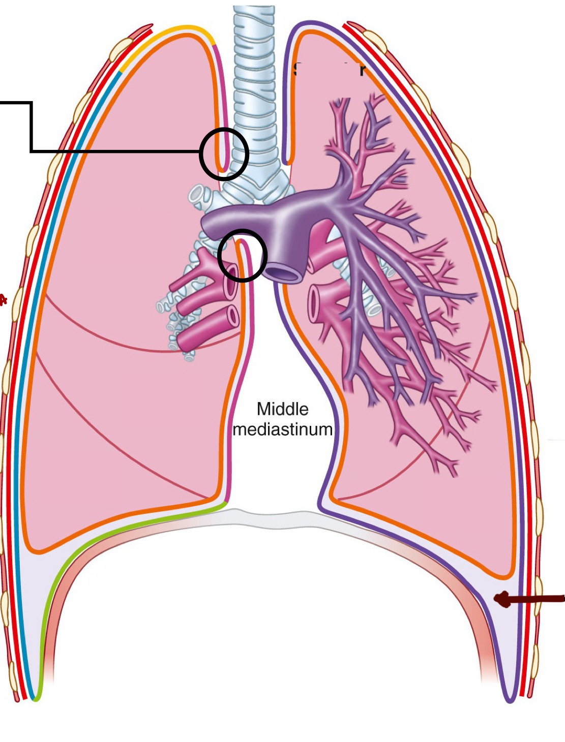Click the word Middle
pyautogui.click(x=282, y=409)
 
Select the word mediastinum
pyautogui.click(x=282, y=429)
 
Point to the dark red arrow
pyautogui.click(x=529, y=600)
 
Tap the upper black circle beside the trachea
pyautogui.click(x=224, y=153)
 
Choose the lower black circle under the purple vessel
pyautogui.click(x=242, y=255)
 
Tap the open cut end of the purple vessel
pyautogui.click(x=284, y=273)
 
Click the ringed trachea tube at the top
pyautogui.click(x=254, y=76)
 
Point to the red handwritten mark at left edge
pyautogui.click(x=4, y=300)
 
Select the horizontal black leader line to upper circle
pyautogui.click(x=117, y=151)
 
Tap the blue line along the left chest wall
pyautogui.click(x=31, y=356)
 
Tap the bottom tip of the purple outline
pyautogui.click(x=510, y=700)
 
